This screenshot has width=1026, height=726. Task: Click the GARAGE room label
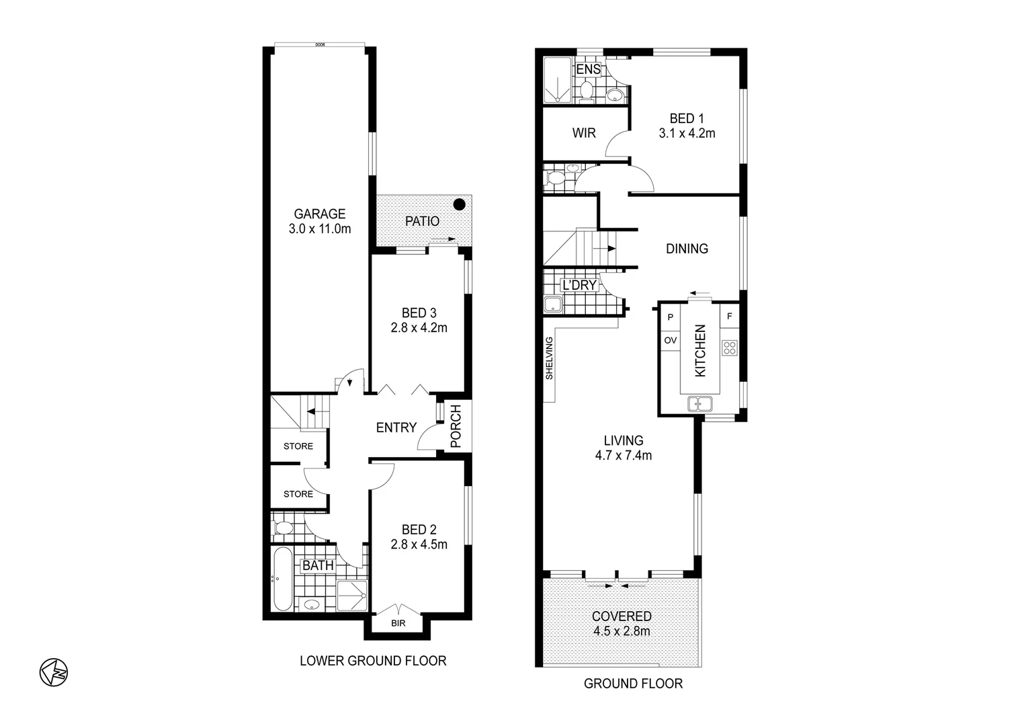(319, 214)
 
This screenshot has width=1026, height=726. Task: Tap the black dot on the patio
(459, 204)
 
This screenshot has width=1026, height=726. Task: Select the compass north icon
(54, 672)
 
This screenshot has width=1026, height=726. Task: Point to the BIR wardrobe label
(398, 623)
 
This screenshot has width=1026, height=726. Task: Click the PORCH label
(456, 426)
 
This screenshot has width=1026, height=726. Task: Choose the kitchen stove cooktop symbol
(729, 348)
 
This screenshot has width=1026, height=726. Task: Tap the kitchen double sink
(700, 404)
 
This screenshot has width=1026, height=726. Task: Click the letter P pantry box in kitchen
(670, 317)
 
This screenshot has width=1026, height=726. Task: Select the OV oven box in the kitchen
(670, 340)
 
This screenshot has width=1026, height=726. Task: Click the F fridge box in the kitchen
(729, 316)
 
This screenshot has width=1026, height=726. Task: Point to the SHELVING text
(549, 358)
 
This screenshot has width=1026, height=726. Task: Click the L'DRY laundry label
(579, 285)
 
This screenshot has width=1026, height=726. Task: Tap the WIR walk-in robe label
(583, 133)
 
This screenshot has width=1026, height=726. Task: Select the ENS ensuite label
(588, 69)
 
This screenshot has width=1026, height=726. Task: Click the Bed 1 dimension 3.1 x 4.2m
(687, 133)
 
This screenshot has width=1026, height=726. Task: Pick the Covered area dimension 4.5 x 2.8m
(622, 631)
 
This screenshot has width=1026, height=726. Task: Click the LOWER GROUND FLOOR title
(373, 661)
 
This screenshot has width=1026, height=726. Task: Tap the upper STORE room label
(298, 446)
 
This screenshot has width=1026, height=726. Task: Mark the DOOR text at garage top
(319, 45)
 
